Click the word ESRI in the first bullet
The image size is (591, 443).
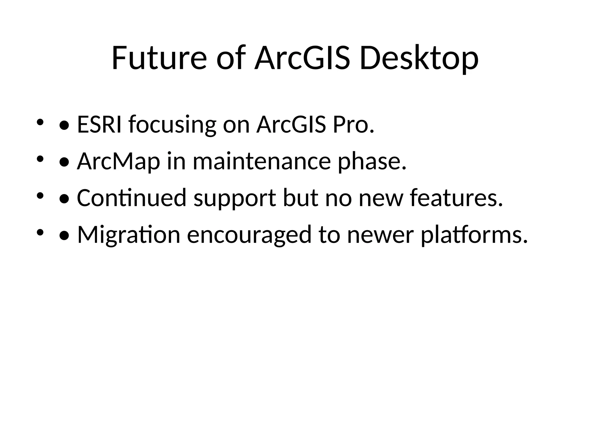pyautogui.click(x=99, y=125)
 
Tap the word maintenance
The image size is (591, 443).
pyautogui.click(x=261, y=162)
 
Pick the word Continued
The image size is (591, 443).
pyautogui.click(x=132, y=198)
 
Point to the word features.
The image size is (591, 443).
pyautogui.click(x=456, y=198)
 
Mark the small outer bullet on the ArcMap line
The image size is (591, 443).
pyautogui.click(x=40, y=159)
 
